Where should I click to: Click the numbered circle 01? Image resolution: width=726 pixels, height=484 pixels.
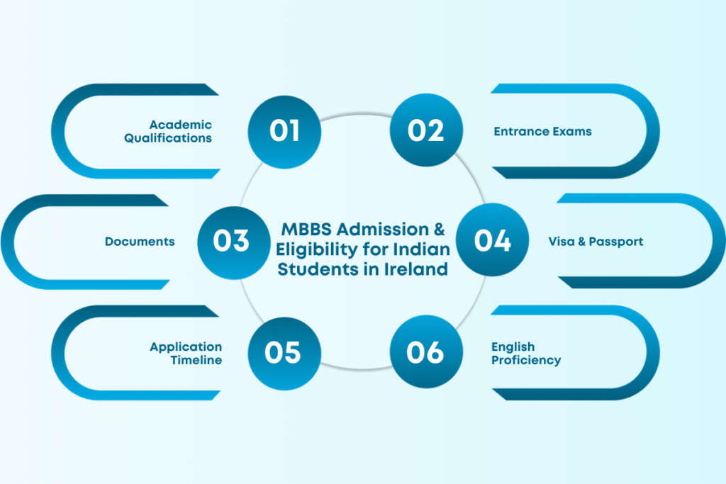[x=284, y=131]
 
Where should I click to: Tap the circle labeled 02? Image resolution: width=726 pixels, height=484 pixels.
[x=426, y=131]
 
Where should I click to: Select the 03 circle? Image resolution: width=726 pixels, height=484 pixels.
[x=232, y=241]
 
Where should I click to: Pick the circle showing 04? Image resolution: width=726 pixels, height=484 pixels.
[x=493, y=241]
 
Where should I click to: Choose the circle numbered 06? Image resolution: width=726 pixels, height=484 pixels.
[x=426, y=353]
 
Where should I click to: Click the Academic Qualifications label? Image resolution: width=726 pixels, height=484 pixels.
[x=168, y=132]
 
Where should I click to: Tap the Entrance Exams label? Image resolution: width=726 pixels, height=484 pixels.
[x=542, y=132]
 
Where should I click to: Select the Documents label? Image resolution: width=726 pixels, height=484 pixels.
[x=140, y=242]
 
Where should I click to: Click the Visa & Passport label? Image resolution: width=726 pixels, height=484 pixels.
[x=596, y=242]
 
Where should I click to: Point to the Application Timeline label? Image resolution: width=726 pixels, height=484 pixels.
[x=186, y=354]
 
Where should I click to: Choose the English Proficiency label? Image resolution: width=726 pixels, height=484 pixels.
[x=525, y=354]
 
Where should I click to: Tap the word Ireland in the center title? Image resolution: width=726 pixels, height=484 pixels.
[x=419, y=269]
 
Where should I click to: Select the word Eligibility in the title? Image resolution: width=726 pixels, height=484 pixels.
[x=311, y=249]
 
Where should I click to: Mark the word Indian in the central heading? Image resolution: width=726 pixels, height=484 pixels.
[x=424, y=249]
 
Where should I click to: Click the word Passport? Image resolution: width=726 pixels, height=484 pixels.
[x=616, y=242]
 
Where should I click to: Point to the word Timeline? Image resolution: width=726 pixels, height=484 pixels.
[x=196, y=360]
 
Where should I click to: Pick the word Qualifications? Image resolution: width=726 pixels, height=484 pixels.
[x=168, y=138]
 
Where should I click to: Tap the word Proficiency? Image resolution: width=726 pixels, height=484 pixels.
[x=525, y=361]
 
